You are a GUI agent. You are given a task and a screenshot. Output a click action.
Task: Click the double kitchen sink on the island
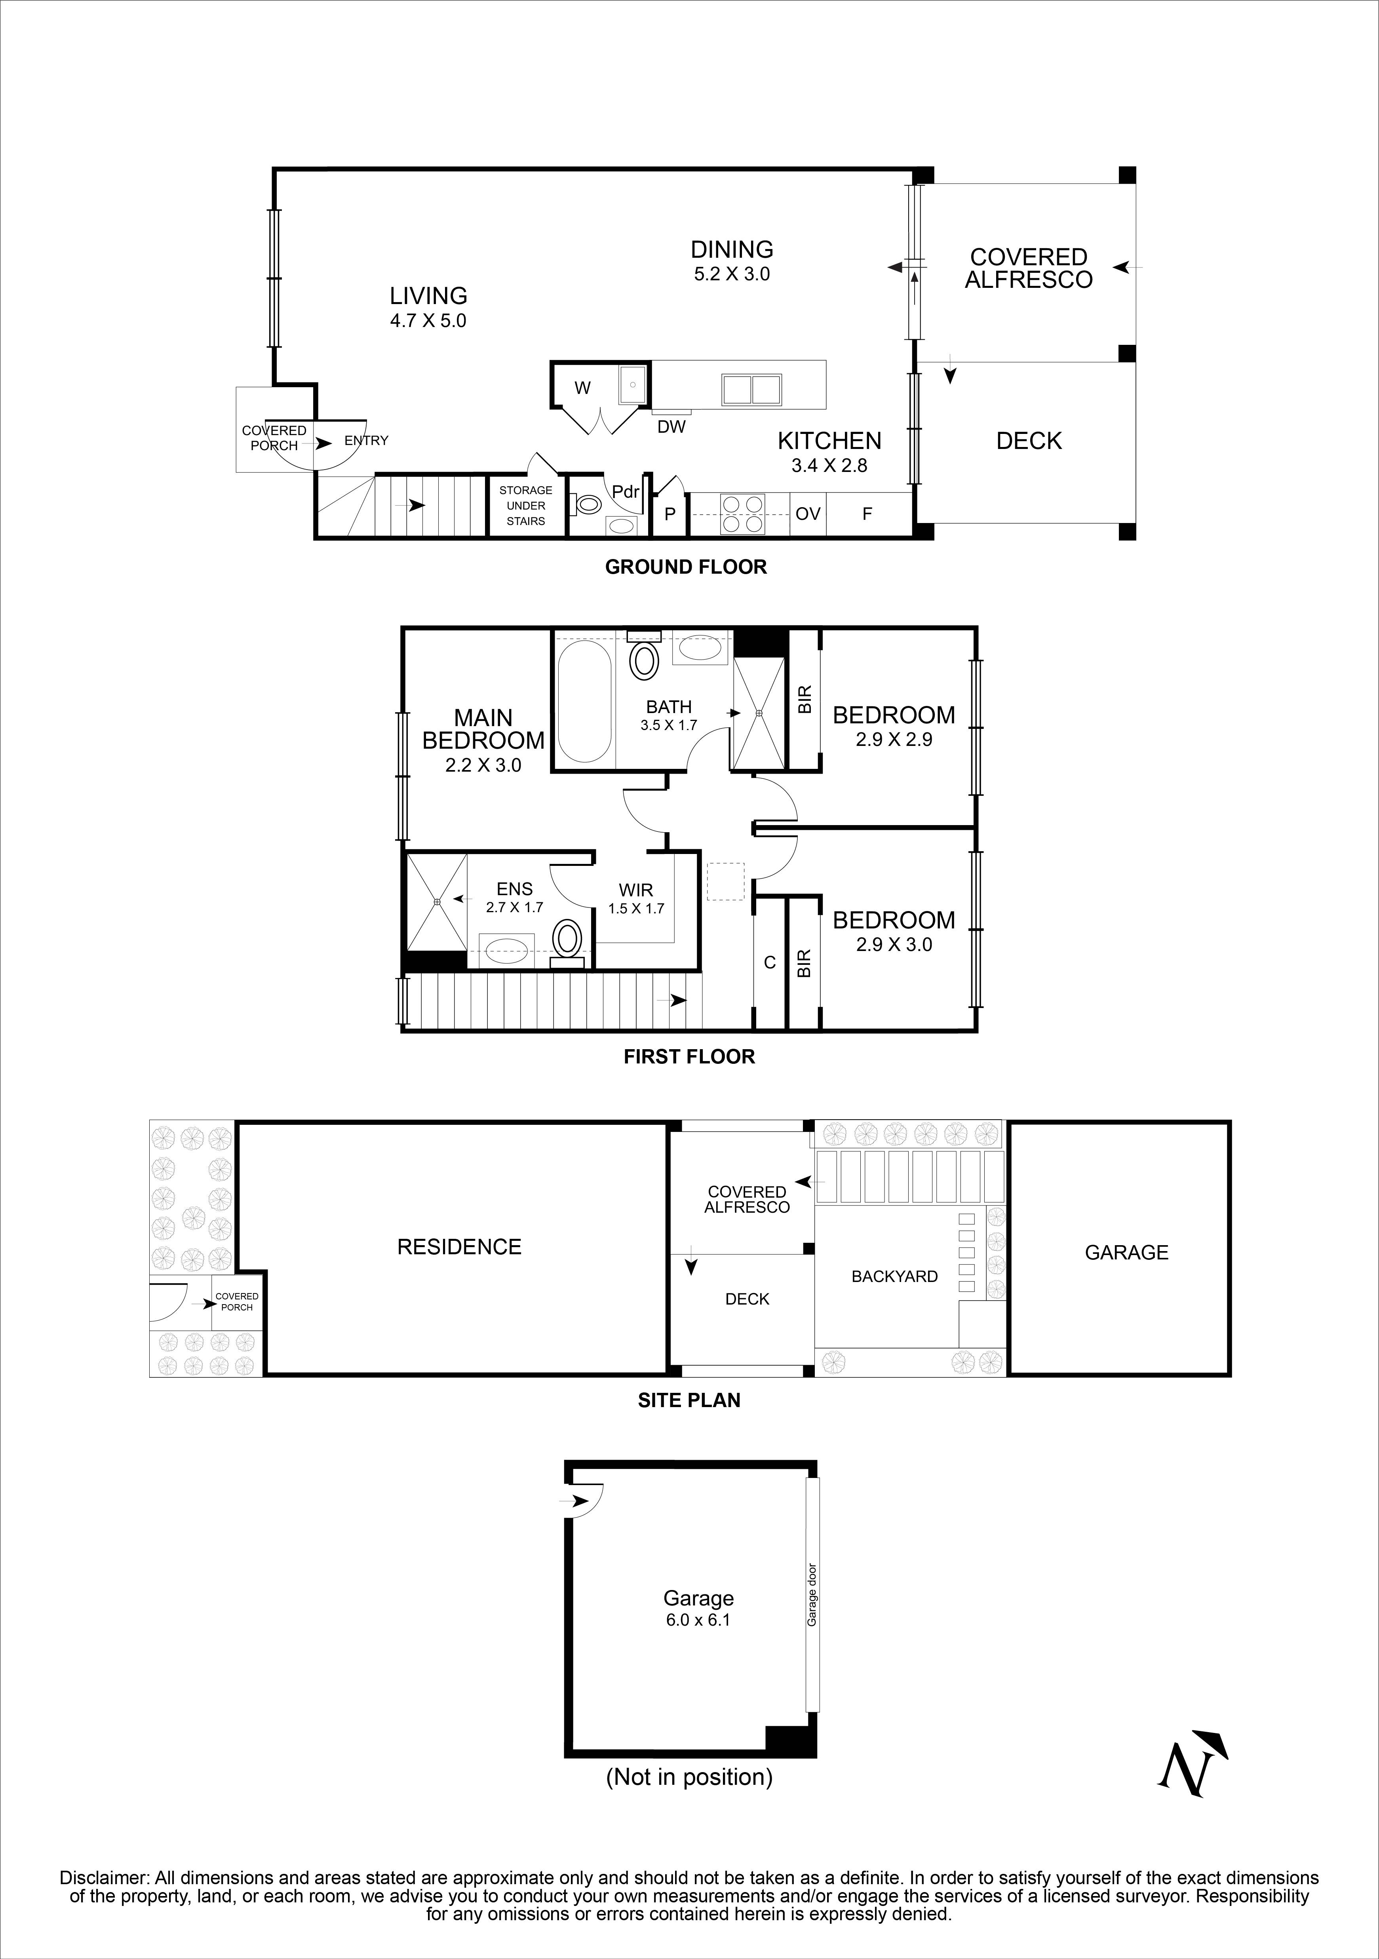tap(751, 389)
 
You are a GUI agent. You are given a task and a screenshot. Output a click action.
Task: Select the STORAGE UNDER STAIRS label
tap(526, 505)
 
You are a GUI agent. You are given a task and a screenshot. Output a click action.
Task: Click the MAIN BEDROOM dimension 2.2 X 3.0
tap(483, 765)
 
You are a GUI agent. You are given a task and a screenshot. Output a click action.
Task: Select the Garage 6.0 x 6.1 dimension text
tap(698, 1619)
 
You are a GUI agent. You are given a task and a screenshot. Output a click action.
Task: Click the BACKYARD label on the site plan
tap(894, 1276)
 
